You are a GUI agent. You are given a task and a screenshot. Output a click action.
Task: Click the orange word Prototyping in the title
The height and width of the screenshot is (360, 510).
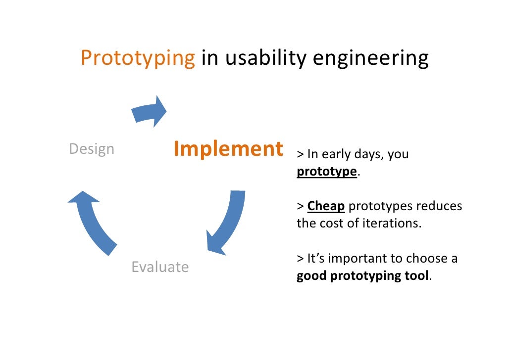(138, 58)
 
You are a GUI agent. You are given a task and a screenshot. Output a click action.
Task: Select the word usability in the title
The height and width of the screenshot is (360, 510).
(265, 58)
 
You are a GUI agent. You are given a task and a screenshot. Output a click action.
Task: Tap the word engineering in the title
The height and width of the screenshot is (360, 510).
(370, 58)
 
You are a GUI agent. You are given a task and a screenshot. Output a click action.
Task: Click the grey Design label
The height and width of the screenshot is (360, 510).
(92, 149)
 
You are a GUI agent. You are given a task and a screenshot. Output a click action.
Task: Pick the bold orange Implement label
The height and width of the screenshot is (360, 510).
(228, 149)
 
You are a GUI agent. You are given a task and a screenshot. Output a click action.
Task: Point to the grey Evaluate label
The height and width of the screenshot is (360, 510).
(160, 267)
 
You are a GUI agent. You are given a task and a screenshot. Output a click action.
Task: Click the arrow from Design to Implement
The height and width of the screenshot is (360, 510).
(150, 111)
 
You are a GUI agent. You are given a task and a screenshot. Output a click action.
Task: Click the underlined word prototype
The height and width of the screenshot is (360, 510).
(327, 171)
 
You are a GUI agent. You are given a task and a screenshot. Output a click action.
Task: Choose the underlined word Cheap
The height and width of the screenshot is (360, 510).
(326, 206)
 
